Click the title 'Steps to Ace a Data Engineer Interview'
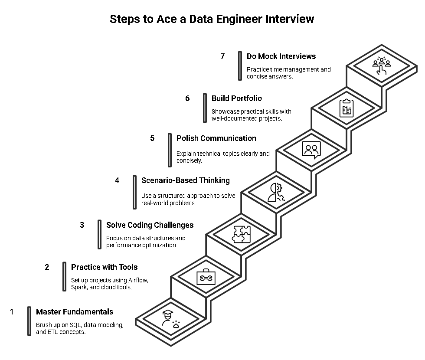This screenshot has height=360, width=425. click(x=212, y=19)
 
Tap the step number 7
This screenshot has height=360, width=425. click(x=222, y=56)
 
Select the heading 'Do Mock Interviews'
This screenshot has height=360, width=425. click(x=281, y=56)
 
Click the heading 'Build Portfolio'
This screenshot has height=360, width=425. click(x=237, y=98)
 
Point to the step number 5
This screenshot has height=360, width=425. click(x=152, y=138)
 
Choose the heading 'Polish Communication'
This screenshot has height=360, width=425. click(x=216, y=138)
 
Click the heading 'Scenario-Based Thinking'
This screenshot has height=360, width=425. click(x=186, y=180)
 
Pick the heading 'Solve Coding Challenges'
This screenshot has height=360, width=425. click(x=150, y=225)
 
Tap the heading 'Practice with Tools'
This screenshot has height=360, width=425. click(x=104, y=267)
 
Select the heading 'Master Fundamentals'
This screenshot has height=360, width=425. click(x=75, y=312)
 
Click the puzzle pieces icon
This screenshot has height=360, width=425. click(x=241, y=234)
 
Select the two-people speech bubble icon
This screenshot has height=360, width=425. click(x=311, y=150)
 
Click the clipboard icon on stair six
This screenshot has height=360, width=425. click(x=346, y=108)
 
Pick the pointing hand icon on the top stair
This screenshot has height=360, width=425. click(x=382, y=66)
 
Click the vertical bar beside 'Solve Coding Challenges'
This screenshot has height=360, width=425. click(x=99, y=234)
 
